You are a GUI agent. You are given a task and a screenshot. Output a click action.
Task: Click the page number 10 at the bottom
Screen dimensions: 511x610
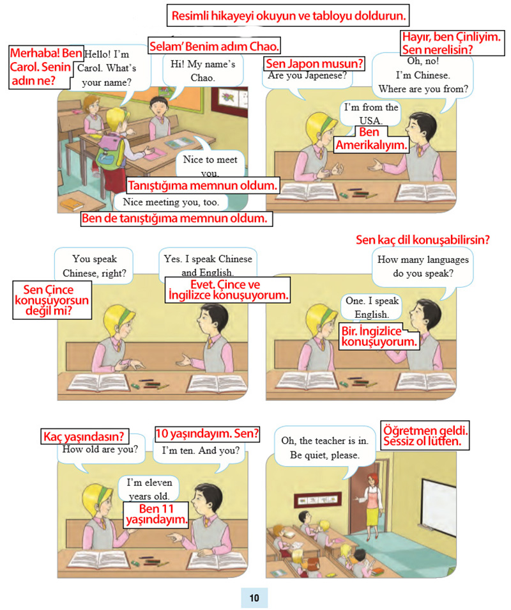click(254, 598)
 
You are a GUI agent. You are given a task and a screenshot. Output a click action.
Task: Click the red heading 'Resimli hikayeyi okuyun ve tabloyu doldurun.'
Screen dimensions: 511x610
click(288, 15)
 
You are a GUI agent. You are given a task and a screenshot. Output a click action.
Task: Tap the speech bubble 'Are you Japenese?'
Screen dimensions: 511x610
click(307, 78)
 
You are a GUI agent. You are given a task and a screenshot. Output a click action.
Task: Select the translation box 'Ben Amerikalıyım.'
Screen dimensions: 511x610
click(371, 139)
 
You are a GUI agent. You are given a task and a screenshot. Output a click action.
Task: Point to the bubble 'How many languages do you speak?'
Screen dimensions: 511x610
click(423, 269)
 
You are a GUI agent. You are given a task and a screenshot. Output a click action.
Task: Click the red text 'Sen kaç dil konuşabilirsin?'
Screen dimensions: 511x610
click(423, 240)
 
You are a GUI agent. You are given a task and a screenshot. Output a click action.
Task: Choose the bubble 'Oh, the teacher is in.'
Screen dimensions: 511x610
click(325, 448)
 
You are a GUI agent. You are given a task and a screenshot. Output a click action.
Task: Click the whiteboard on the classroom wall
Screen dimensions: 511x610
click(439, 504)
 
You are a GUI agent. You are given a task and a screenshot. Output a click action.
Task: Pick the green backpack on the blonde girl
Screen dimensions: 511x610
click(110, 153)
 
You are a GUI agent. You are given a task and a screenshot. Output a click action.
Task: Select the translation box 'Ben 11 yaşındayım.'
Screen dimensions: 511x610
click(156, 514)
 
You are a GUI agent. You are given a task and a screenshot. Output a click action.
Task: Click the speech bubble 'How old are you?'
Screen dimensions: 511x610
click(100, 451)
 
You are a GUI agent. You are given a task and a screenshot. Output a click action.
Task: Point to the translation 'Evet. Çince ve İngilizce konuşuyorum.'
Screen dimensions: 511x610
click(228, 290)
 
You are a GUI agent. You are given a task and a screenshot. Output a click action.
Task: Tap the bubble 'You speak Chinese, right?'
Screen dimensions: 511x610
click(94, 266)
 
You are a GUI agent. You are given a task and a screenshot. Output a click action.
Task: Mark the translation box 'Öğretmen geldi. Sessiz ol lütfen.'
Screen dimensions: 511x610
click(425, 435)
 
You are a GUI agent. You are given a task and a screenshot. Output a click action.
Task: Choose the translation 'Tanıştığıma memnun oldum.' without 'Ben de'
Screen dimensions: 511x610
click(202, 185)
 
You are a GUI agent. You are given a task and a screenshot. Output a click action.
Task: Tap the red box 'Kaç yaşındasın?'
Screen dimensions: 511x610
click(85, 436)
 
